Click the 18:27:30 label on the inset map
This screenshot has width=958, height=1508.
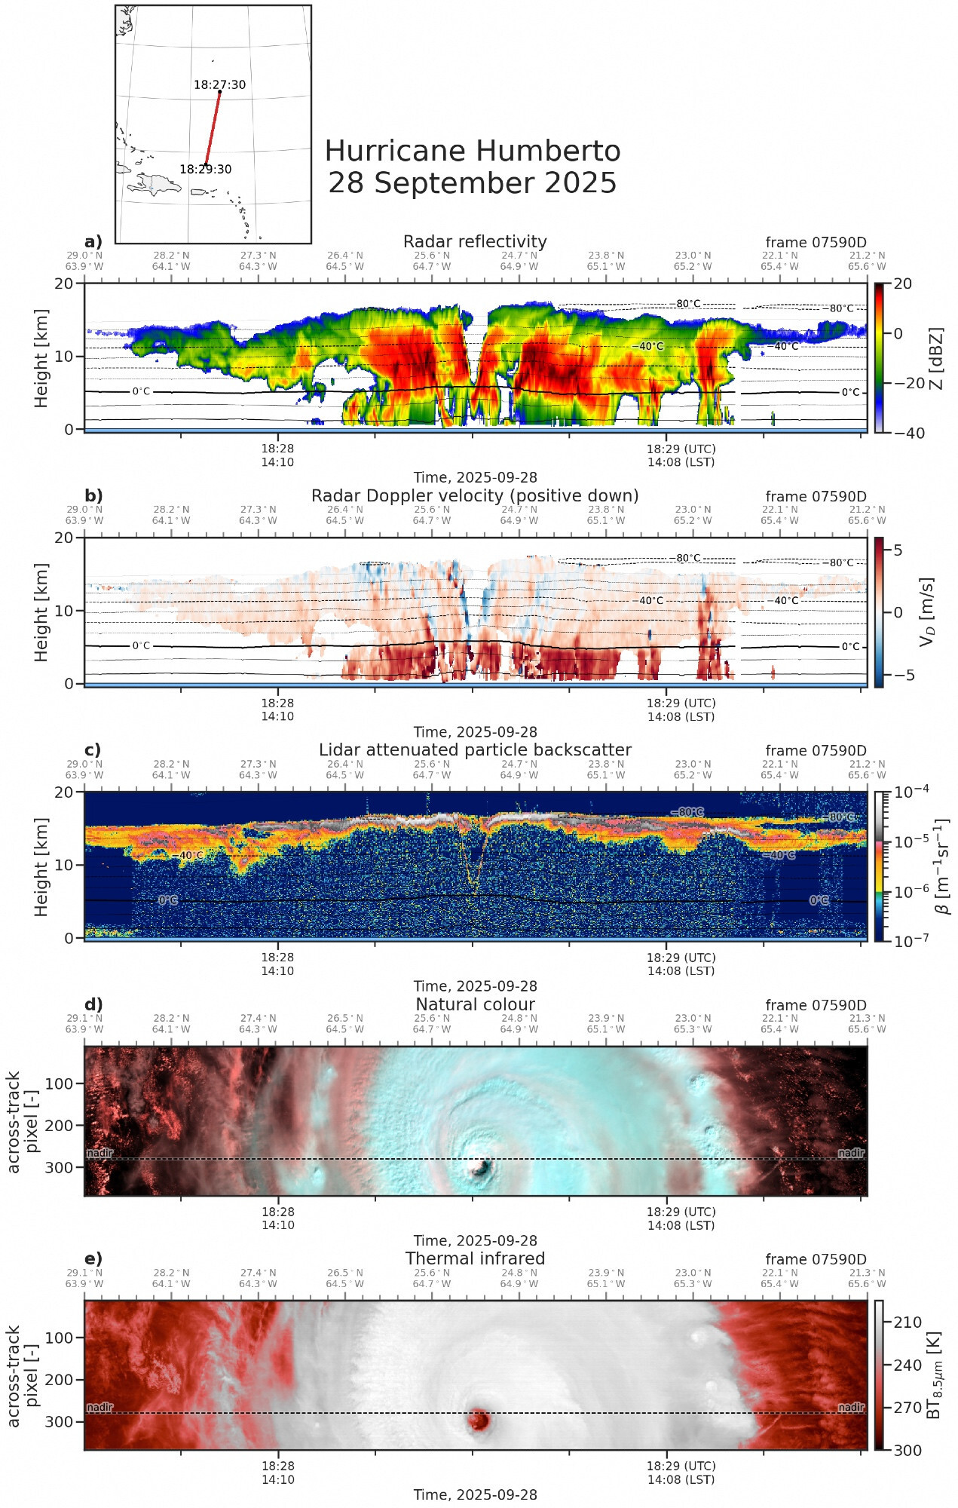point(219,84)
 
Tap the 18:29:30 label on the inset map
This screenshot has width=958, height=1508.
point(205,170)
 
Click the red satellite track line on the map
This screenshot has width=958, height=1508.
point(213,128)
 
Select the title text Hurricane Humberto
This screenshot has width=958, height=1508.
point(473,151)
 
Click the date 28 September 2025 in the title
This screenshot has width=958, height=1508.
point(473,183)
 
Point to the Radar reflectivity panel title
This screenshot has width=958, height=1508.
point(475,241)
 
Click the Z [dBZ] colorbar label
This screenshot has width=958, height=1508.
point(935,358)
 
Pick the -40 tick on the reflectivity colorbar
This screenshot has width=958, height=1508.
point(903,433)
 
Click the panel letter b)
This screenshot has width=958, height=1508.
point(93,495)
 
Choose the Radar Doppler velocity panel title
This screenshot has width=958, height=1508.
point(475,495)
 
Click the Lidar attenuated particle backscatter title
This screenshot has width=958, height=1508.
point(475,749)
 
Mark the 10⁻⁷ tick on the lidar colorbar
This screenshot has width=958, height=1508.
point(911,940)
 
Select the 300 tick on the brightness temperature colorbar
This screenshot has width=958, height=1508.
point(907,1450)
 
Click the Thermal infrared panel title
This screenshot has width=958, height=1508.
point(475,1258)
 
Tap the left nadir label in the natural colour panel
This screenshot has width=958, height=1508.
point(99,1153)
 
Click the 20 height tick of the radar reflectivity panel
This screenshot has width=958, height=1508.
point(64,284)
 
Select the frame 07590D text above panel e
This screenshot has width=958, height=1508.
point(816,1259)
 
